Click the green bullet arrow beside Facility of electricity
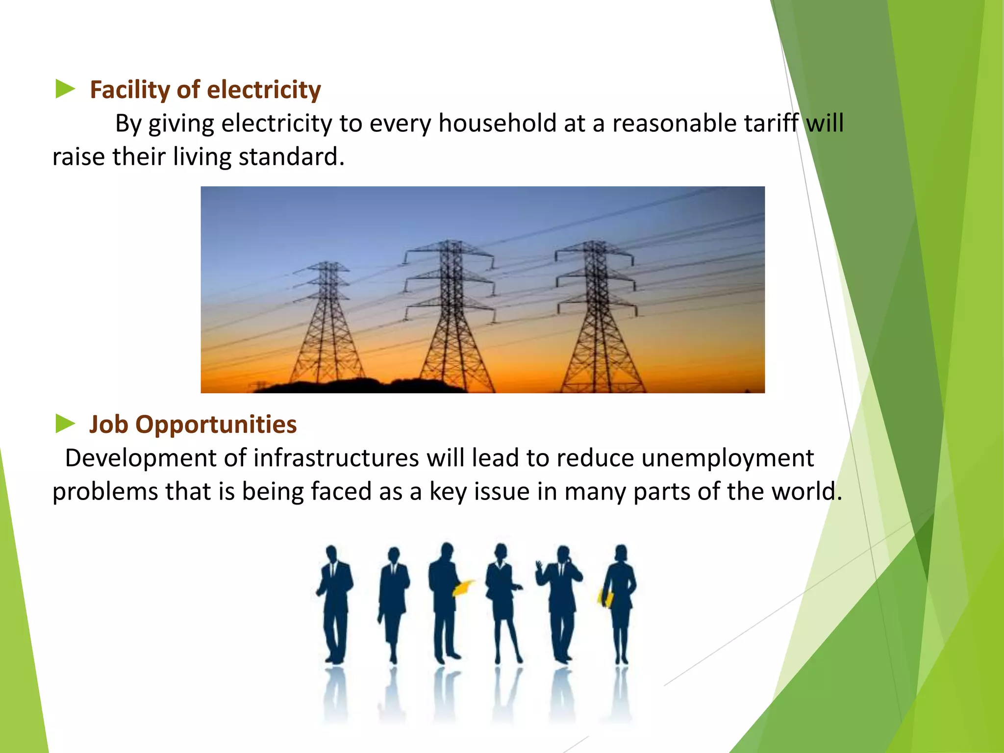coord(65,89)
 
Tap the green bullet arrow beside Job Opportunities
coord(65,424)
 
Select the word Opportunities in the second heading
coord(216,425)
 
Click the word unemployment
coord(728,459)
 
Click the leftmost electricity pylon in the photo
coord(326,324)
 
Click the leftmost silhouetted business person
coord(335,603)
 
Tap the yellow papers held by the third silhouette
coord(463,587)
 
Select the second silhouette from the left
coord(393,603)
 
